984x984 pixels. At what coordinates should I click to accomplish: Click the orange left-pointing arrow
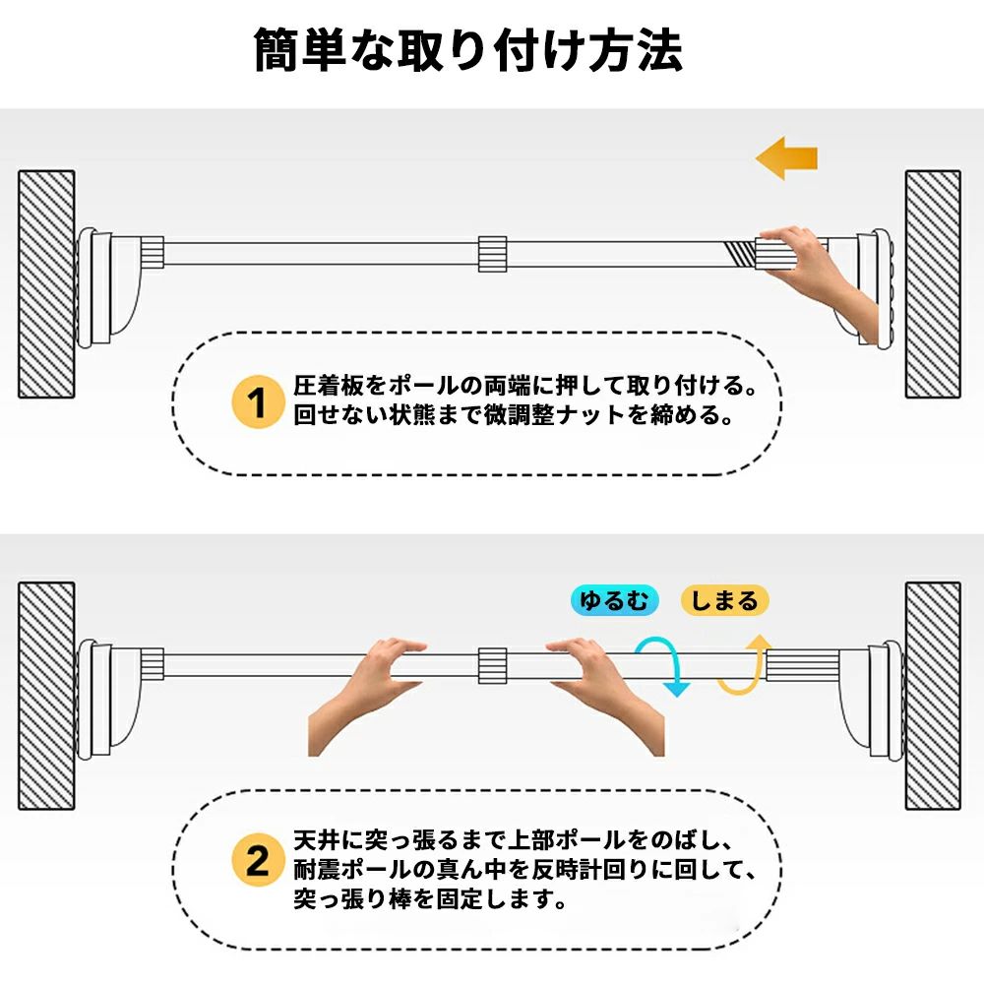[786, 158]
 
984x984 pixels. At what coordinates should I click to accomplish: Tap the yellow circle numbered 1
[258, 401]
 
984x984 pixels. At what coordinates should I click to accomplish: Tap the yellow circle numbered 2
[258, 859]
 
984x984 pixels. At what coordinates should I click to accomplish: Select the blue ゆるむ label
[614, 600]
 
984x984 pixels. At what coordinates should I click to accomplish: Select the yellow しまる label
[724, 600]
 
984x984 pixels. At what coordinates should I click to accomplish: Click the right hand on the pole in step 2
[605, 697]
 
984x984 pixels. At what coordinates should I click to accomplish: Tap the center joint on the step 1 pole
[493, 254]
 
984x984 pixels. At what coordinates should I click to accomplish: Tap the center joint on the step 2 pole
[493, 666]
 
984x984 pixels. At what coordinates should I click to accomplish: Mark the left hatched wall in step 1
[46, 284]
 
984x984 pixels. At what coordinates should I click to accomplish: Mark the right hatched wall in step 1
[933, 284]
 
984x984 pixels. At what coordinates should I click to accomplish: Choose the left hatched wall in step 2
[46, 696]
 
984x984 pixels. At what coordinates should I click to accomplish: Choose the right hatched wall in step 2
[933, 696]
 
